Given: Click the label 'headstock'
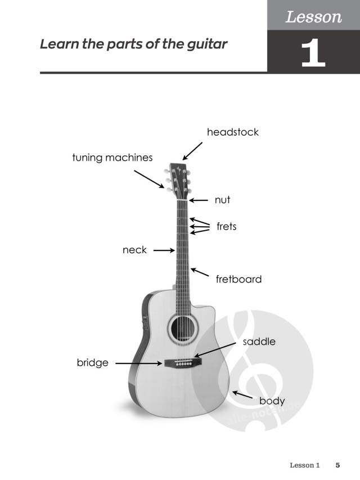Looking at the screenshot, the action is (x=233, y=132).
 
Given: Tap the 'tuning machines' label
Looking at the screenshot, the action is (x=112, y=158).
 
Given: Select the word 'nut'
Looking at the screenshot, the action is (x=222, y=200).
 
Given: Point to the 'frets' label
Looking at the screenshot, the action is (x=227, y=227).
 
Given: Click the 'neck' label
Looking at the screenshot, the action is (x=134, y=250).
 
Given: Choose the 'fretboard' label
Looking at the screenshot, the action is (x=238, y=279).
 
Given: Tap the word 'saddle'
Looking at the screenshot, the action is (x=259, y=342).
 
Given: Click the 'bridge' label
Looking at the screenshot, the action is (x=92, y=363).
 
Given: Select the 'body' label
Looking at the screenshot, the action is (x=272, y=401).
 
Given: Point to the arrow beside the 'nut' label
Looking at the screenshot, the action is (x=199, y=200).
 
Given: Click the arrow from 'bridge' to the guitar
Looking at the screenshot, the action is (x=139, y=364).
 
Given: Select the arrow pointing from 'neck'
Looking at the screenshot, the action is (x=164, y=250).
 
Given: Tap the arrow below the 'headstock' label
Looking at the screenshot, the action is (x=192, y=151).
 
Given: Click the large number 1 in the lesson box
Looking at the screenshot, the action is (x=313, y=52).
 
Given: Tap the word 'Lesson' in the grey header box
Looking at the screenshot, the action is (x=313, y=17).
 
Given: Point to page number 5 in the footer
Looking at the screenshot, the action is (x=337, y=465).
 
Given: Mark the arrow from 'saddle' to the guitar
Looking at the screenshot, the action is (x=215, y=350).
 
